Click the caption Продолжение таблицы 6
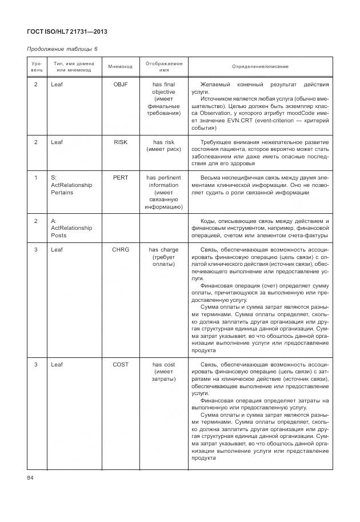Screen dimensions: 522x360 point(64,49)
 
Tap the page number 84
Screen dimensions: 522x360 point(31,478)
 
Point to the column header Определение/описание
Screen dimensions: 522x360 point(260,66)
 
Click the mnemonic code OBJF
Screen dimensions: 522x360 point(121,85)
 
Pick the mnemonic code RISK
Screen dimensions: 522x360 point(121,142)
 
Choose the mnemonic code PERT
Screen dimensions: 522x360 point(121,178)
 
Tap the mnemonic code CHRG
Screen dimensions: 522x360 point(121,250)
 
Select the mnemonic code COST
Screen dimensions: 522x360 point(121,364)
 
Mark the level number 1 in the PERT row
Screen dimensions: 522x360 point(35,178)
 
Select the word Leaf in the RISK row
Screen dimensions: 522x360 point(57,142)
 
